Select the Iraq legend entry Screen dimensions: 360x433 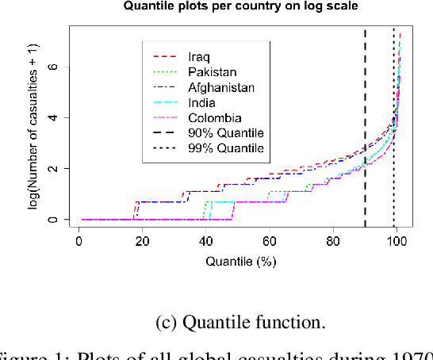[x=199, y=56]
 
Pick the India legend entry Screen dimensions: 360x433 [x=201, y=102]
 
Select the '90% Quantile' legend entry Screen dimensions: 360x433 [x=225, y=132]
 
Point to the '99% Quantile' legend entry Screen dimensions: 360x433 [x=225, y=148]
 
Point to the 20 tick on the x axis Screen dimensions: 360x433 [x=143, y=239]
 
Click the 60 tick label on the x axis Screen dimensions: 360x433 [x=270, y=239]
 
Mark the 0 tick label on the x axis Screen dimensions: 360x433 [x=79, y=239]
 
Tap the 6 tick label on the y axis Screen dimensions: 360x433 [x=53, y=67]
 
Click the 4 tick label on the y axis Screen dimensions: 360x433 [x=53, y=117]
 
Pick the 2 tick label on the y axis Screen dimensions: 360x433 [x=53, y=169]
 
